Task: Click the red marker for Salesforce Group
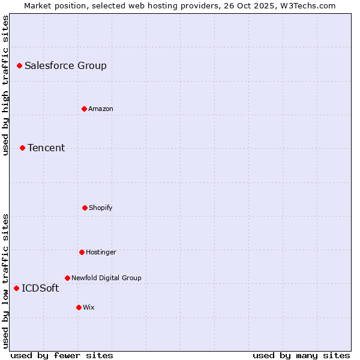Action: click(x=19, y=65)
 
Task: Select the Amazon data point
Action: click(x=84, y=109)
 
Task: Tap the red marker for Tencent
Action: click(x=22, y=148)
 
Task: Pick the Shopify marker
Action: click(x=85, y=208)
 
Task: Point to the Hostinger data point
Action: click(x=82, y=252)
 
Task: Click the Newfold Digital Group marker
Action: click(x=67, y=278)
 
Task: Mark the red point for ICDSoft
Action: click(x=16, y=288)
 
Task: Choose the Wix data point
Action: click(x=79, y=307)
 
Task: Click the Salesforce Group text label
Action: click(x=65, y=66)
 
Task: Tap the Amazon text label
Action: click(x=101, y=109)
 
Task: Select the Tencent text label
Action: click(x=46, y=148)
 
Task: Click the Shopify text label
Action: click(x=101, y=208)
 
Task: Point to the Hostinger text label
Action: click(x=101, y=252)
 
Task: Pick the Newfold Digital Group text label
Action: click(x=106, y=278)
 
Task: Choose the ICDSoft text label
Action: click(x=40, y=289)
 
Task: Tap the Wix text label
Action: click(x=89, y=307)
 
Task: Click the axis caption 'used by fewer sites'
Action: click(x=62, y=355)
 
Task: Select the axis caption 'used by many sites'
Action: click(x=301, y=355)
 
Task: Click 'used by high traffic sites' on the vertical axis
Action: click(x=5, y=85)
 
